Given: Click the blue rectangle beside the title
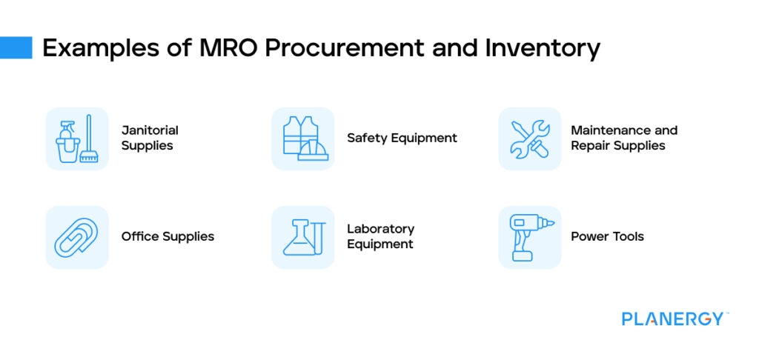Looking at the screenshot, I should coord(16,48).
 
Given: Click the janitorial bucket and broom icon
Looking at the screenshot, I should coord(77,139).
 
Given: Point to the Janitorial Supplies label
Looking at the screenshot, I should coord(150,139).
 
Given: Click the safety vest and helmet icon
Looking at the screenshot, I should coord(302,139).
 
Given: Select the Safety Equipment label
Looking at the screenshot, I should coord(402,139).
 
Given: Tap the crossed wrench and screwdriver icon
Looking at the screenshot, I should coord(529,139).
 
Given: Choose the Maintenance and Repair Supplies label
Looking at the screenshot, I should coord(623,139).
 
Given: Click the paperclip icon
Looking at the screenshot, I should coord(77,237).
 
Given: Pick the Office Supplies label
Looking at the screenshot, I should coord(168,237).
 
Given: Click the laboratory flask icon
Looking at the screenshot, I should coord(302,237).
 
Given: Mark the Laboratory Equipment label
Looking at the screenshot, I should coord(380,237).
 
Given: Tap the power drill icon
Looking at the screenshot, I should coord(529,237).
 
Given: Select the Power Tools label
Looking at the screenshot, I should coord(607,237).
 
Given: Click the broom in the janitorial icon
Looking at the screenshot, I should coord(89,141).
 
